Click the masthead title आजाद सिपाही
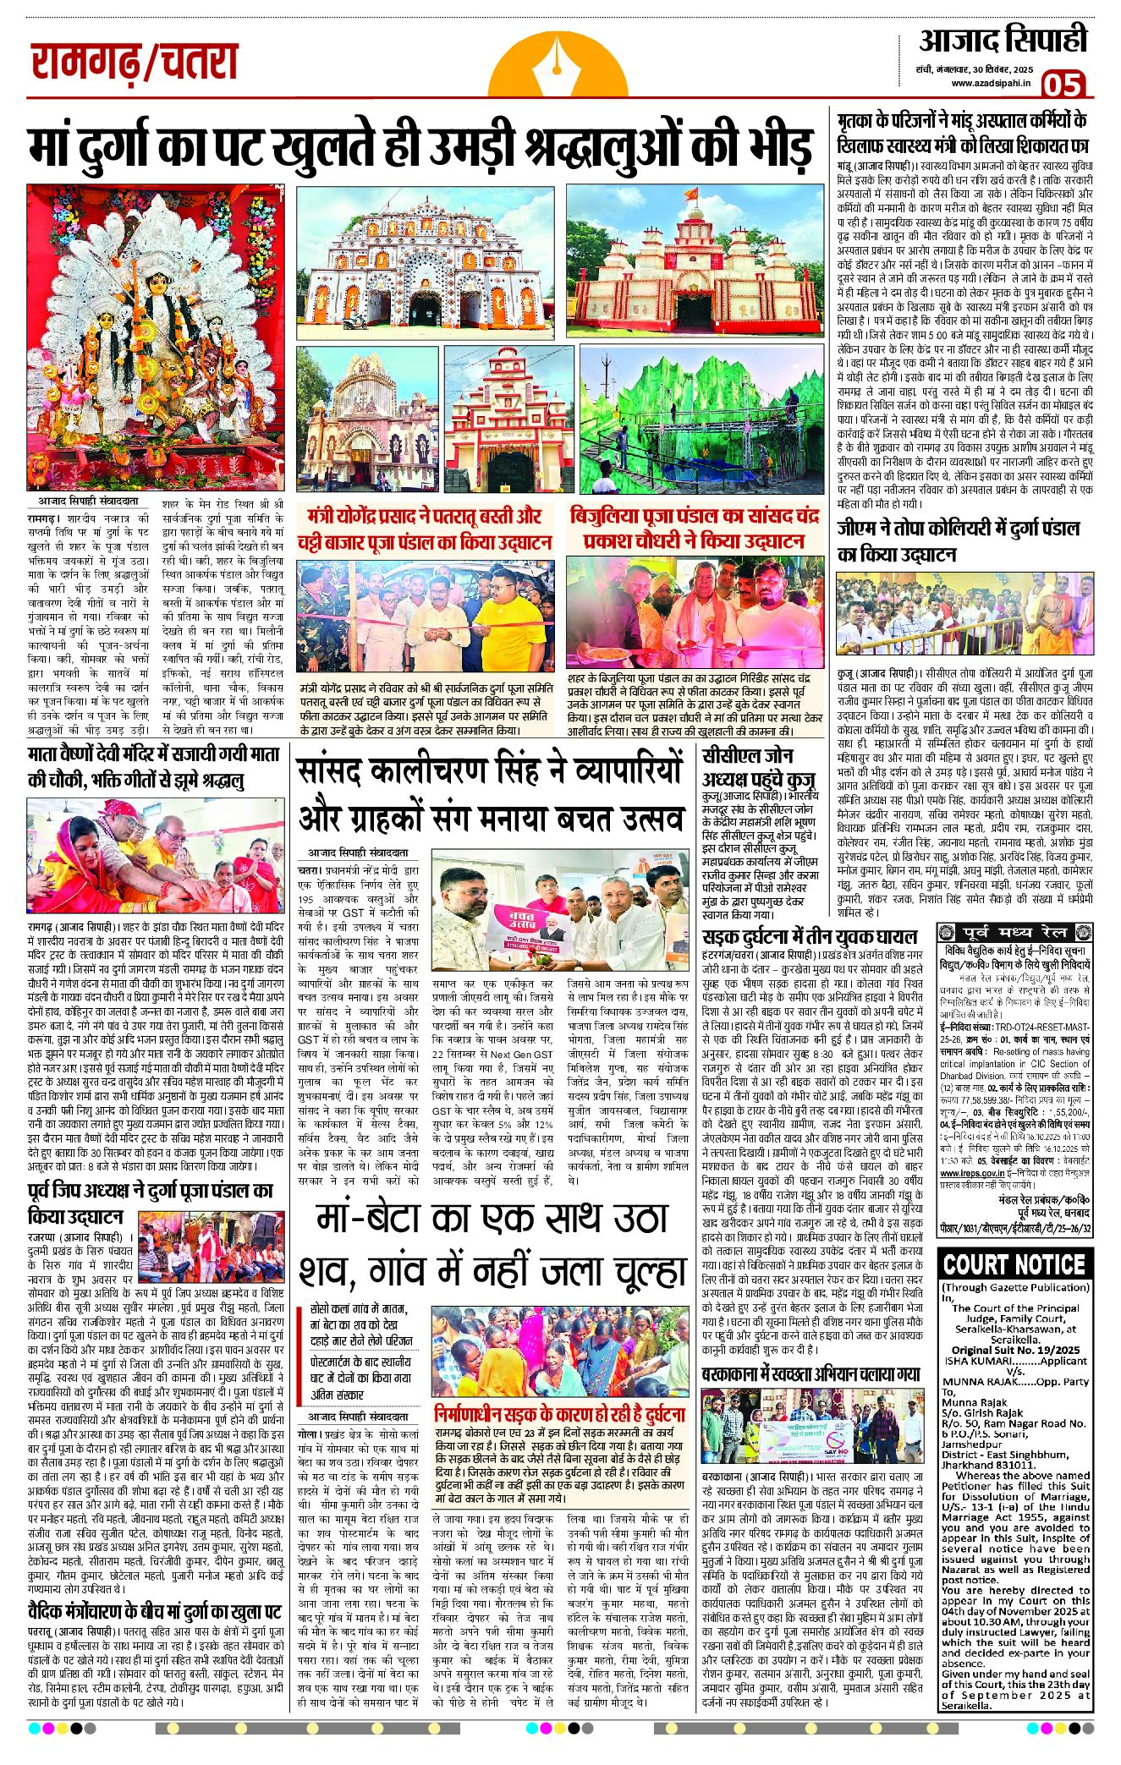tap(1003, 39)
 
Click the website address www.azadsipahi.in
tap(991, 83)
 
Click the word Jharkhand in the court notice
tap(966, 1466)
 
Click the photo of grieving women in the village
tap(558, 1352)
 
